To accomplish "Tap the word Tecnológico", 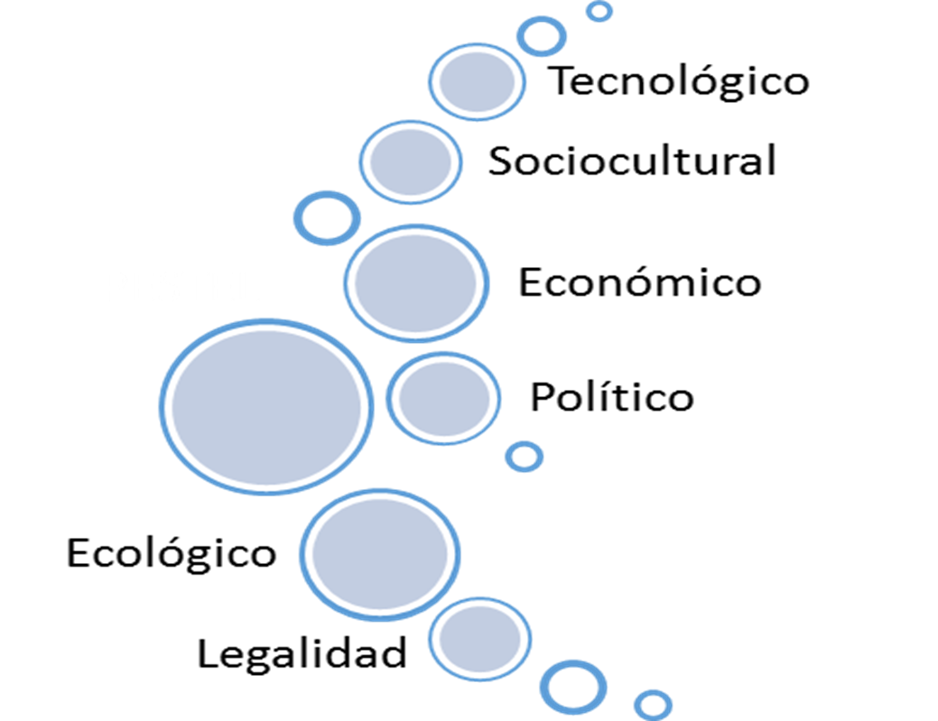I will tap(680, 81).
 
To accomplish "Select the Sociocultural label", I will tap(631, 162).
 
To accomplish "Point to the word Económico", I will tap(639, 282).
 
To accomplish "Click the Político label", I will tap(611, 397).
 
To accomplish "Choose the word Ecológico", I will tap(171, 552).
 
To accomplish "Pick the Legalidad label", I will tap(302, 653).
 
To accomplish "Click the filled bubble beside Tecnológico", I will tap(476, 81).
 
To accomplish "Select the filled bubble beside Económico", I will tap(416, 282).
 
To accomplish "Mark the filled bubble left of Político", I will tap(443, 398).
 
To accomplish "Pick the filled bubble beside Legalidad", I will tap(478, 638).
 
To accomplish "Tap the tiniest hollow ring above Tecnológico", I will tap(599, 12).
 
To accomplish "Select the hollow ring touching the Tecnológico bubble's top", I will tap(541, 36).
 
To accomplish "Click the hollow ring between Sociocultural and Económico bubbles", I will tap(327, 217).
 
